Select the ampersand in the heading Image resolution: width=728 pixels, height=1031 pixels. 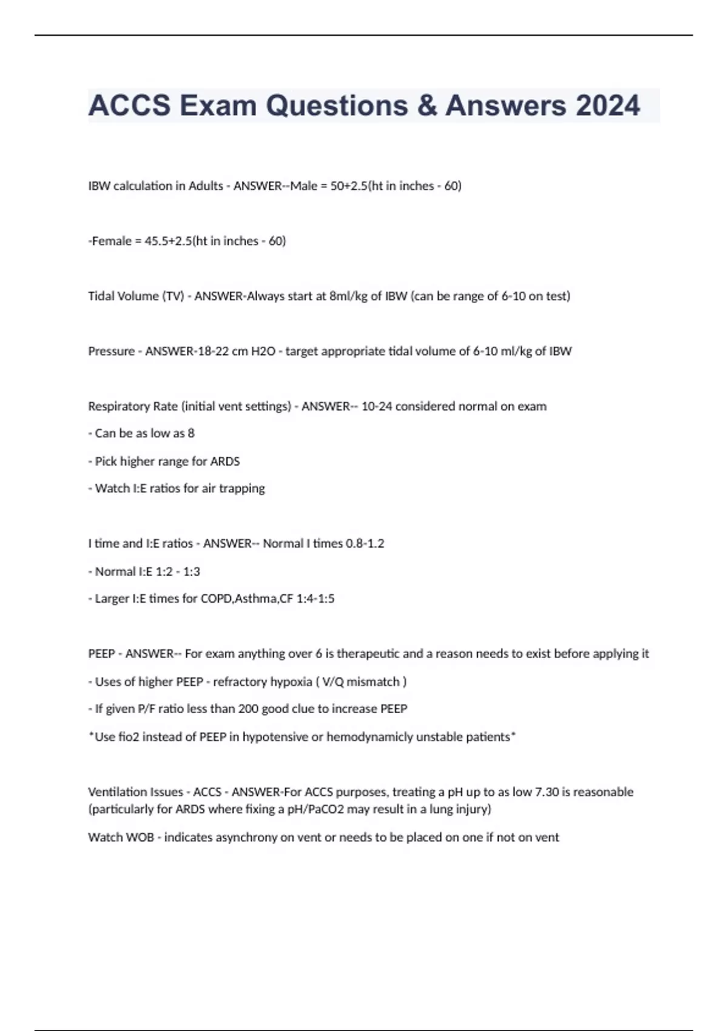point(428,106)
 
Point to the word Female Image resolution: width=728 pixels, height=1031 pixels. point(112,241)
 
